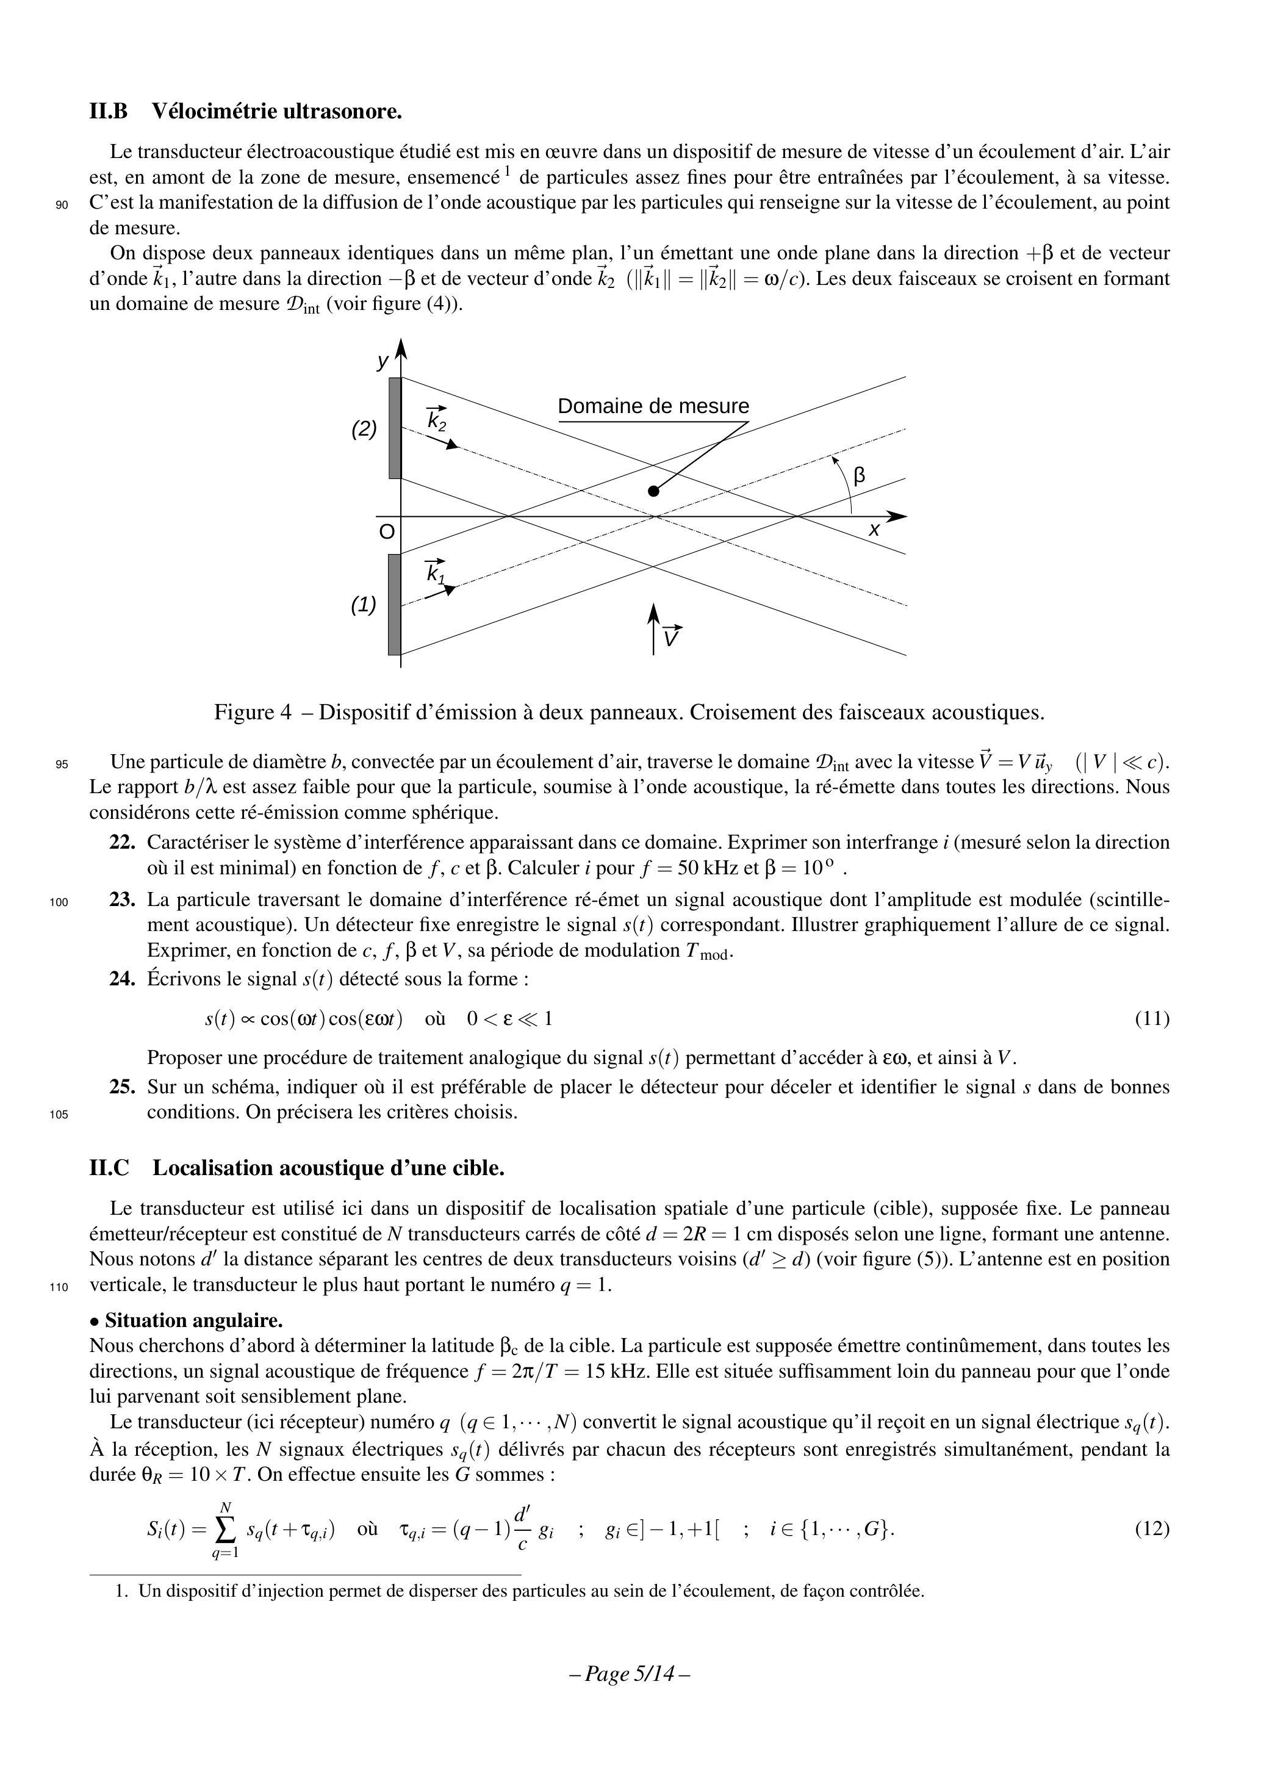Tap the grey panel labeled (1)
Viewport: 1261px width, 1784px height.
point(395,605)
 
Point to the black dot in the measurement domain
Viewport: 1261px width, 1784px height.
point(653,491)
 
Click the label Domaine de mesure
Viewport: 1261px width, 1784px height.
point(653,406)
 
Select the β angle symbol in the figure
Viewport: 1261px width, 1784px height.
point(860,475)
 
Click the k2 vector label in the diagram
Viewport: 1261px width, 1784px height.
point(437,420)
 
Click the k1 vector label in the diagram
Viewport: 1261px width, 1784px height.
point(436,573)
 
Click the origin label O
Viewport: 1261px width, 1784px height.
point(386,532)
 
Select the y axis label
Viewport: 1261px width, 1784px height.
point(383,361)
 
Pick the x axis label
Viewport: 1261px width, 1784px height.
point(874,531)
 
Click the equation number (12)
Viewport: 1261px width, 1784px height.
point(1151,1529)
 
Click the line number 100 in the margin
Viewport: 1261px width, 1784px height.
point(60,903)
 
